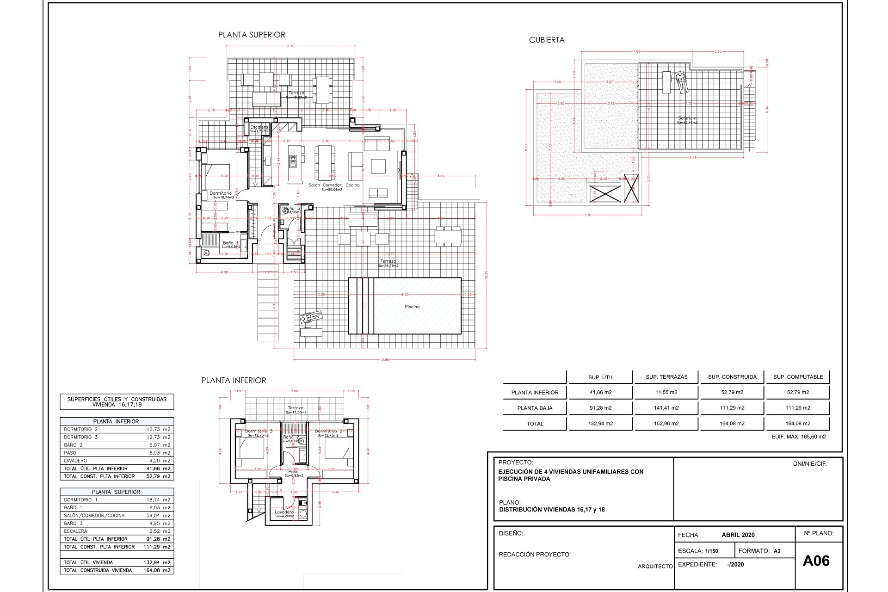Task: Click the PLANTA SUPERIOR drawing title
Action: tap(252, 35)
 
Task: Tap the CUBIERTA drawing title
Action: tap(547, 40)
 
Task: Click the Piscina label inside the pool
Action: tap(412, 307)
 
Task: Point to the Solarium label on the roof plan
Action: tap(687, 118)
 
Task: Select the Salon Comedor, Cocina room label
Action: tap(334, 185)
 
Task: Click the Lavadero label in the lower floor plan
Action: tap(284, 512)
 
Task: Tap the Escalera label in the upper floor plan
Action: tap(259, 127)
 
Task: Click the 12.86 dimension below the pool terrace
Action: tap(384, 360)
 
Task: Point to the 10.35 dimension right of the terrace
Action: tap(486, 275)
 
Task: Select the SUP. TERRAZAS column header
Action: tap(666, 377)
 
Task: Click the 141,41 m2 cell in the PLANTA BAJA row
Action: tap(666, 408)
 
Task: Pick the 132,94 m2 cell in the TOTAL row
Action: tap(600, 424)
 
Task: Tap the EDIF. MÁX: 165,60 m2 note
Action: tap(798, 437)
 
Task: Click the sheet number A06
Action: tap(816, 561)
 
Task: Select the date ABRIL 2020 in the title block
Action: tap(738, 535)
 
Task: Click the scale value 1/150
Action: tap(711, 551)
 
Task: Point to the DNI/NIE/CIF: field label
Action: tap(810, 463)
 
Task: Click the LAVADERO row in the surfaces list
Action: tap(117, 461)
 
